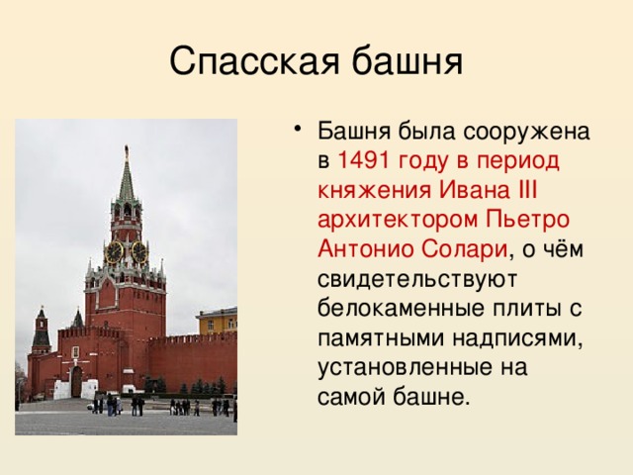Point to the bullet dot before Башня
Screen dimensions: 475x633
299,132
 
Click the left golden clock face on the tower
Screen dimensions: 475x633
114,251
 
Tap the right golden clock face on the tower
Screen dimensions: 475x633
138,251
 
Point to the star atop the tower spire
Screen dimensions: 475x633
126,149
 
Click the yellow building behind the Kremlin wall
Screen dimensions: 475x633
217,321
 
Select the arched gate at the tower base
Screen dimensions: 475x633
76,382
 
